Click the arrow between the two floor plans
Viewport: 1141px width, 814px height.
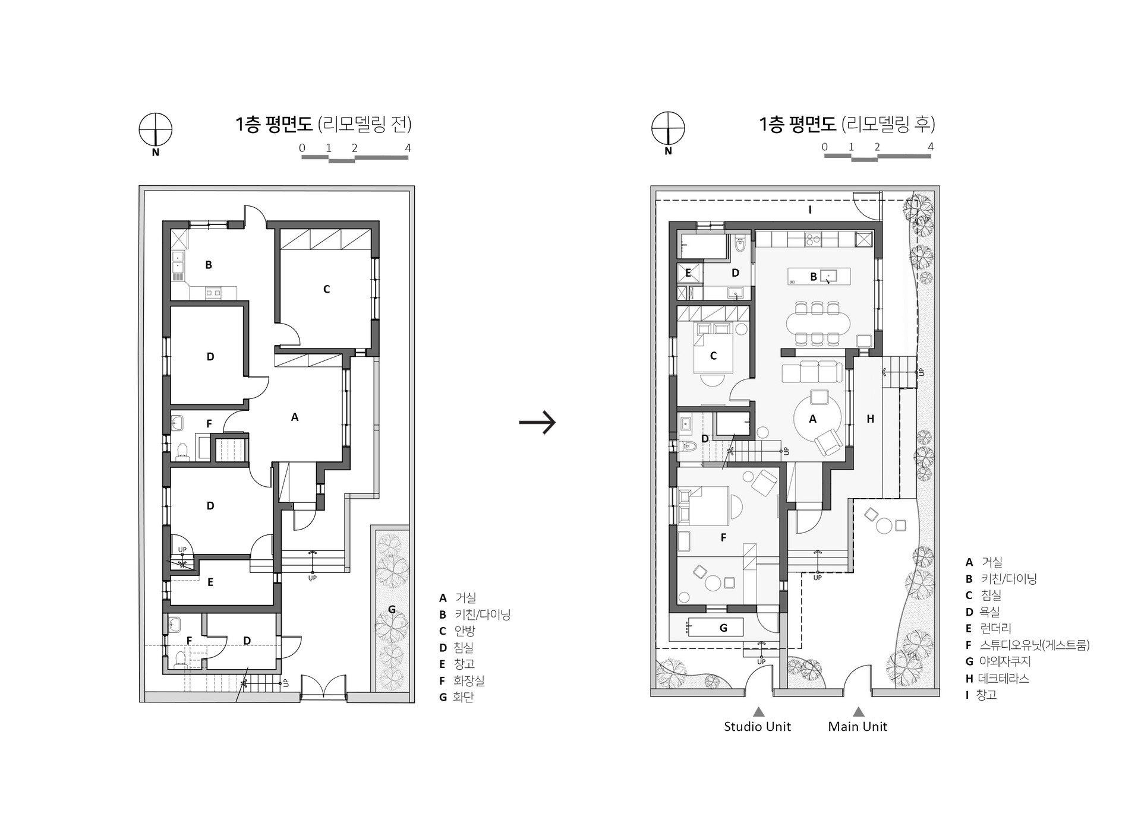537,422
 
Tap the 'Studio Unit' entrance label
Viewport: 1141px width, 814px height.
757,726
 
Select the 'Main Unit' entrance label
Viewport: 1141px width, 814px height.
858,726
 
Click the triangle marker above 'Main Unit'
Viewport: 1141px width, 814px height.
858,711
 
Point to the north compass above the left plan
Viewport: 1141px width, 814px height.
156,130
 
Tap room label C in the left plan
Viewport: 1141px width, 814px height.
326,289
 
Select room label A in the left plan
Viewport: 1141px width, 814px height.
295,417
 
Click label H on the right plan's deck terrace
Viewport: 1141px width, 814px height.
870,419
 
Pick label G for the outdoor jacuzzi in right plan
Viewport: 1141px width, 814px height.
723,628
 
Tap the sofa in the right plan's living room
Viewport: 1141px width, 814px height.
812,372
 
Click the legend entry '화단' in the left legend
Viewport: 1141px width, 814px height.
464,697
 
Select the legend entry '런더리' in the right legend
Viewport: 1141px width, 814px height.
995,628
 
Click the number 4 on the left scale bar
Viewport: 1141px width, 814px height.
408,148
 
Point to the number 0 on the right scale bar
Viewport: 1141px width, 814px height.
824,147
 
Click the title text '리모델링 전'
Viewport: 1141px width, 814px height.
365,124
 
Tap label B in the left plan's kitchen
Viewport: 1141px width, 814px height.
209,265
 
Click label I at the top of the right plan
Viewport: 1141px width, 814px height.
809,210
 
